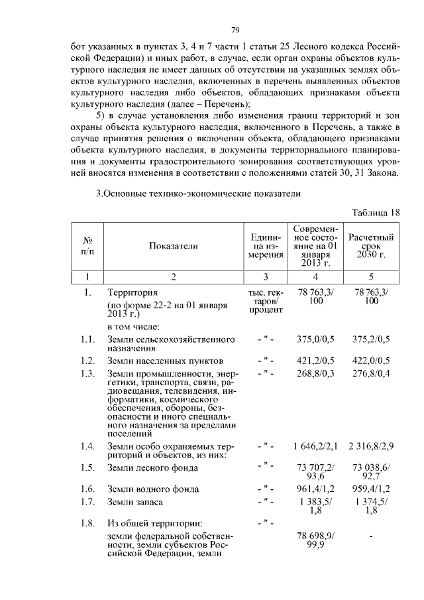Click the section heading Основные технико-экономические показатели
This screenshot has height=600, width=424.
point(199,194)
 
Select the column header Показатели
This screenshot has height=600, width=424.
point(174,245)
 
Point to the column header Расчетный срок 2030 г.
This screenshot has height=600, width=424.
point(372,245)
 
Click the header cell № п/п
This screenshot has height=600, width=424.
point(87,245)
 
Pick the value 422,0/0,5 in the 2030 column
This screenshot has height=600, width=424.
point(372,361)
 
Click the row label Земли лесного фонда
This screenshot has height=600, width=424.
point(152,468)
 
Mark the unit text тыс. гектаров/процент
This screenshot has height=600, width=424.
point(264,302)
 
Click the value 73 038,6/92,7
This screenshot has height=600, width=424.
point(372,472)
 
